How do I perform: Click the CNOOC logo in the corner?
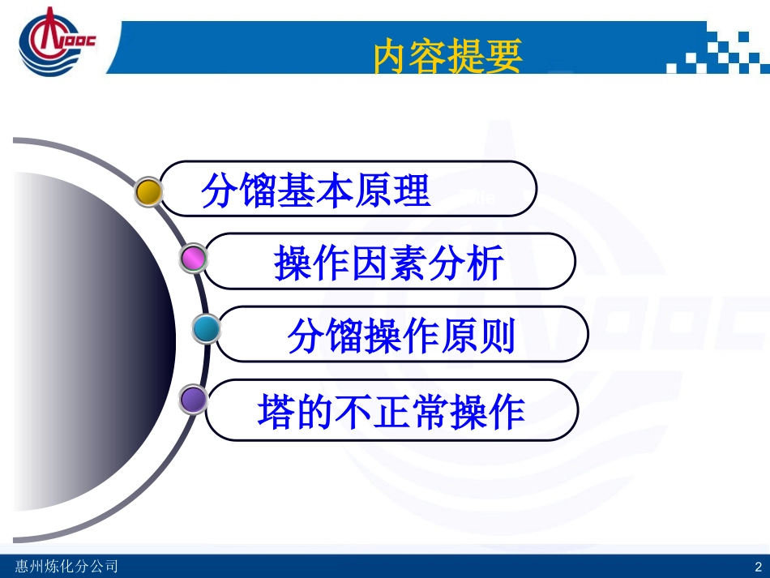[x=56, y=41]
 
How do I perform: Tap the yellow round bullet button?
[x=148, y=191]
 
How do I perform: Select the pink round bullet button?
[x=193, y=258]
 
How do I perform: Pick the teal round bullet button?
[x=206, y=329]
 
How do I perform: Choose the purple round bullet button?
[x=193, y=399]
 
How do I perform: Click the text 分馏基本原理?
[x=316, y=190]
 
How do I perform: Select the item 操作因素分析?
[x=389, y=263]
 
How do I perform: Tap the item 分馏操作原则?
[x=401, y=335]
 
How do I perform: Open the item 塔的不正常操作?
[x=391, y=412]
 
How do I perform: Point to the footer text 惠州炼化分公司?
[x=66, y=566]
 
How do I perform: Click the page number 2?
[x=758, y=567]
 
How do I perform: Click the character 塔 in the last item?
[x=276, y=412]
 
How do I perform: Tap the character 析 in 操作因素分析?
[x=486, y=263]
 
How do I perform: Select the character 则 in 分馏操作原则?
[x=498, y=335]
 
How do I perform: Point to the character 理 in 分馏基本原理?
[x=413, y=190]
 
